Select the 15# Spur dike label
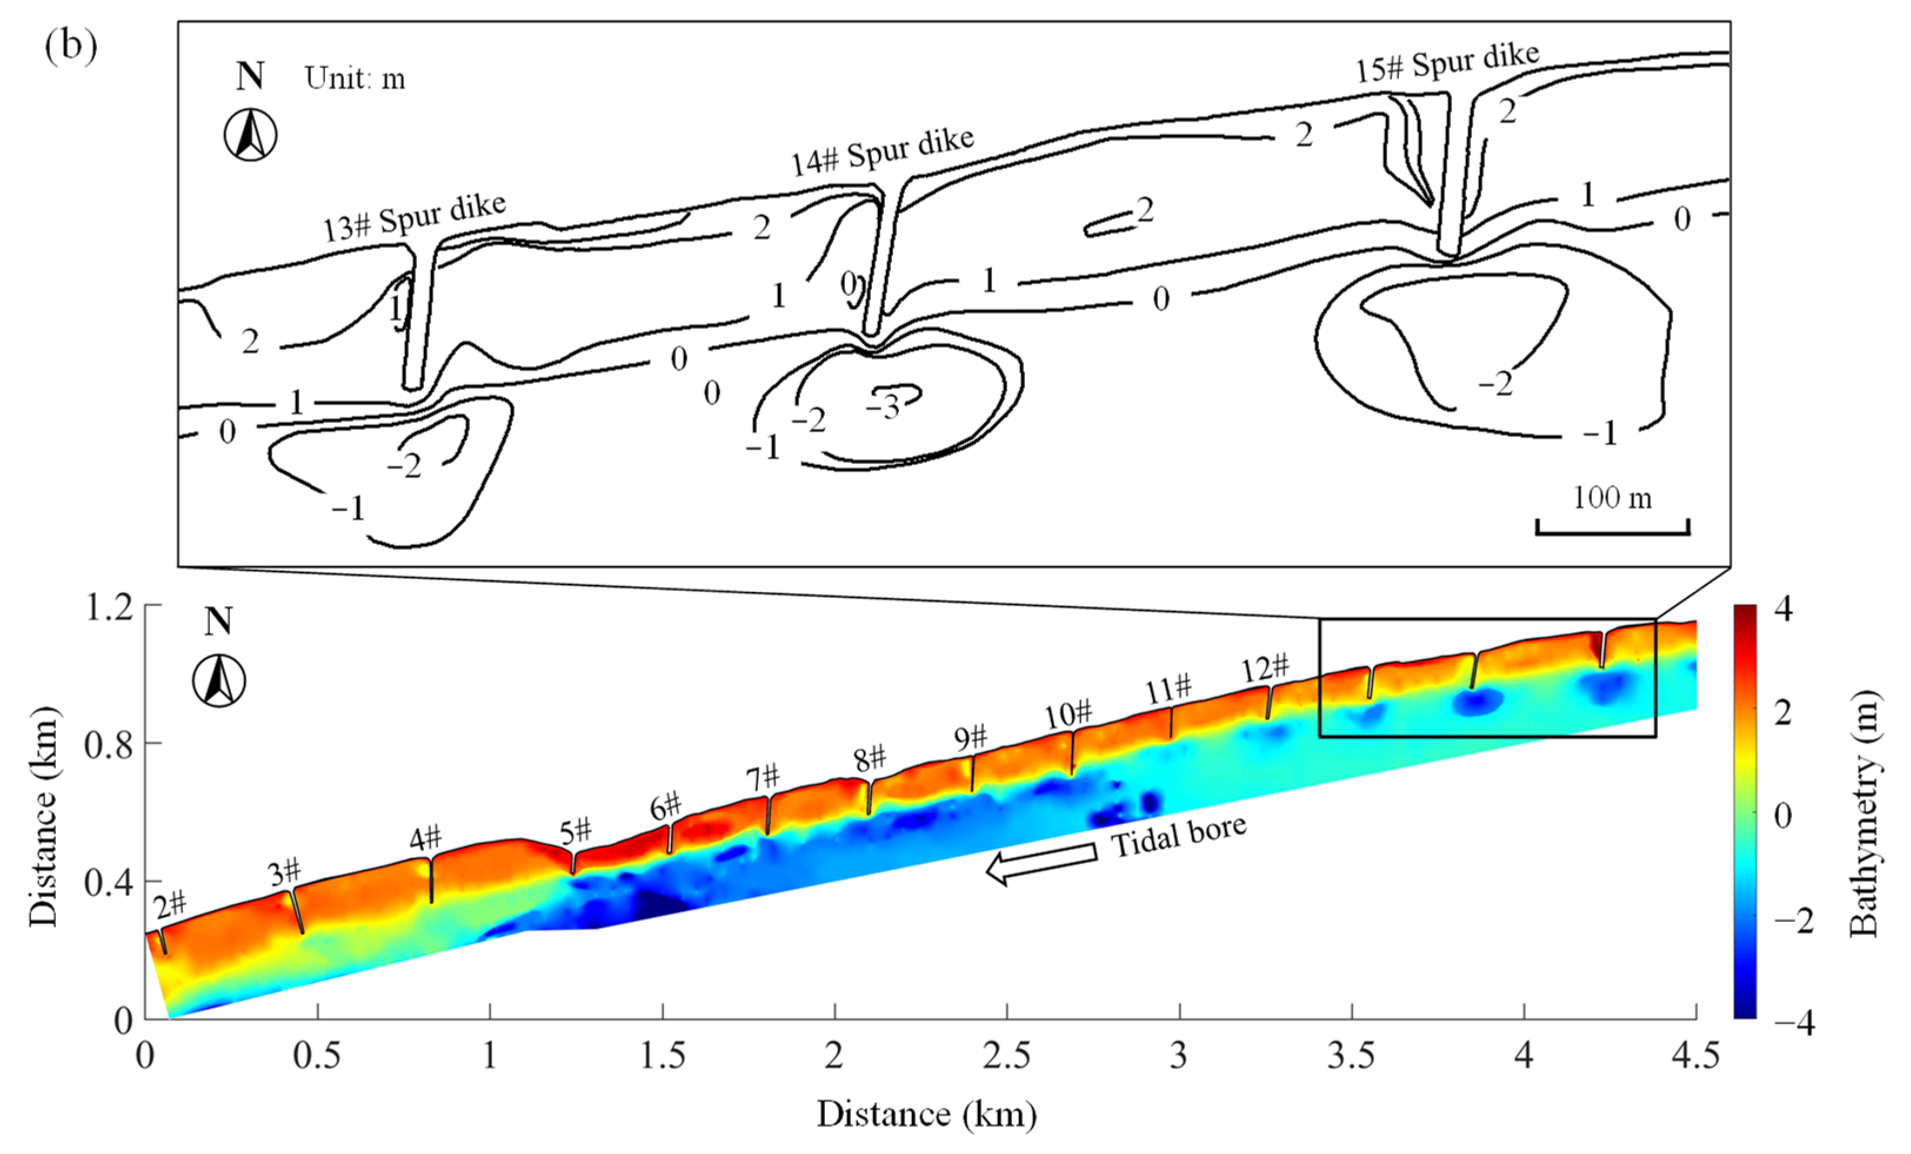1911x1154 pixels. coord(1447,61)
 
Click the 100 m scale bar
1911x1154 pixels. coord(1612,527)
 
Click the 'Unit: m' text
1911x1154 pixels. coord(355,78)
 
